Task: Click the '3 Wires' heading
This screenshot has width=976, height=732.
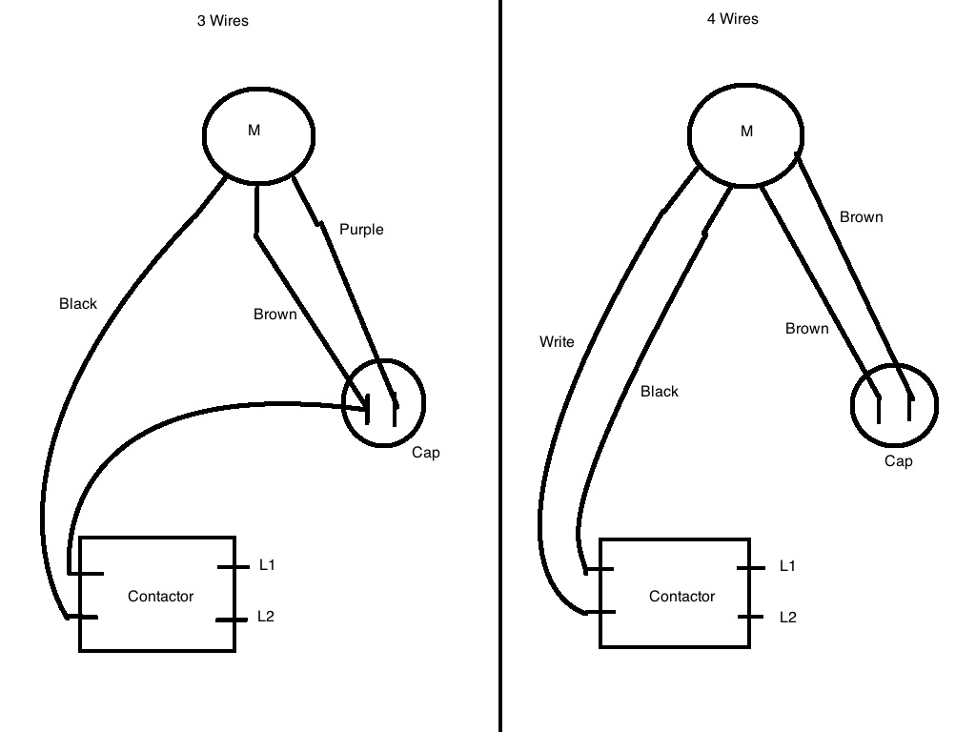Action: (222, 20)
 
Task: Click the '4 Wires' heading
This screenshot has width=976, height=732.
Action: (732, 18)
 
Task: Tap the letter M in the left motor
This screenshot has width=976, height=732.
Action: (254, 131)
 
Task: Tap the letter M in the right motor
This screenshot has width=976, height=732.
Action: (746, 132)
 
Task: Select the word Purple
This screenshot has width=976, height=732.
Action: (361, 230)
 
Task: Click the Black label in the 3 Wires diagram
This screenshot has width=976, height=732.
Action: (78, 304)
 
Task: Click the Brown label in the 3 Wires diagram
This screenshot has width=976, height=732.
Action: (274, 315)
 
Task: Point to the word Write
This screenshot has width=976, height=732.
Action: (557, 341)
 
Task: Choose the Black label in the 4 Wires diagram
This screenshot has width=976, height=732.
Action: (660, 392)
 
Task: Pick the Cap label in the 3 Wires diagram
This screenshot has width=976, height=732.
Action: (425, 453)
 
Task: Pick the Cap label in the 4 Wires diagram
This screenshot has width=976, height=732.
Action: (898, 461)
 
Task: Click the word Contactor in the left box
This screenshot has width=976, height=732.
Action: (160, 597)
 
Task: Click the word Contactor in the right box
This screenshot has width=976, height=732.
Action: (681, 597)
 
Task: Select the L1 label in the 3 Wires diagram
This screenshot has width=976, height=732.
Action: (267, 565)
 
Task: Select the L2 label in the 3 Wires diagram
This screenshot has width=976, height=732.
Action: (266, 617)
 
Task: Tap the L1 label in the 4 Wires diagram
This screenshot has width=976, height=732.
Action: (787, 566)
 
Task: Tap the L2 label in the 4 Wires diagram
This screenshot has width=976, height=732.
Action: (787, 618)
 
